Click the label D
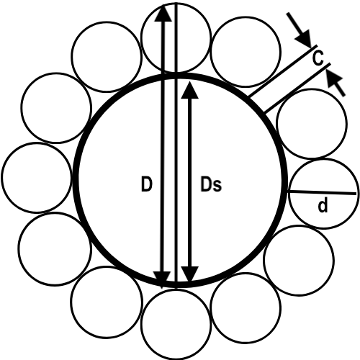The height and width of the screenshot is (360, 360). click(147, 184)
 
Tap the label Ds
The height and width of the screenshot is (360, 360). click(211, 184)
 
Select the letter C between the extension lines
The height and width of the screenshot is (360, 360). click(318, 58)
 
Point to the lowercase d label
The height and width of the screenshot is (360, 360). click(323, 206)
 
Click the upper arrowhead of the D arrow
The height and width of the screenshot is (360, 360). click(163, 13)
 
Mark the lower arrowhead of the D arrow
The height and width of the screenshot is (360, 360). click(162, 279)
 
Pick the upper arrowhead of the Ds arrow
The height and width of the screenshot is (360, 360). click(189, 90)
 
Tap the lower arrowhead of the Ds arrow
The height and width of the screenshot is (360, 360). click(189, 274)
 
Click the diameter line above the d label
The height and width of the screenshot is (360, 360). click(323, 192)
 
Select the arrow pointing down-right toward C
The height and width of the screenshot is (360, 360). click(299, 30)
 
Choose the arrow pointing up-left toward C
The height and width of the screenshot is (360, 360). click(336, 84)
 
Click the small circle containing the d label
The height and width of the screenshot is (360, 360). click(324, 194)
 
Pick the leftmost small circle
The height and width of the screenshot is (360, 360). click(1, 177)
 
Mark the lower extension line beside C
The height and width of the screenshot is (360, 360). click(297, 88)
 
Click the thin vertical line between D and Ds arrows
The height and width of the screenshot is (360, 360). click(176, 143)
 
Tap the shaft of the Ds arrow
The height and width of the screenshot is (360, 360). click(189, 182)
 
